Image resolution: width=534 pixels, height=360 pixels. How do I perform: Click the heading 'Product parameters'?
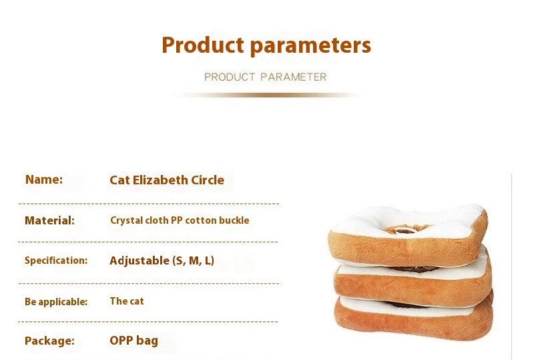pyautogui.click(x=266, y=45)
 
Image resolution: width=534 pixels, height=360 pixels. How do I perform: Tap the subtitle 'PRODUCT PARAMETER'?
pyautogui.click(x=266, y=77)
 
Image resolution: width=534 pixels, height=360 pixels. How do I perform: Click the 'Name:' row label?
pyautogui.click(x=44, y=179)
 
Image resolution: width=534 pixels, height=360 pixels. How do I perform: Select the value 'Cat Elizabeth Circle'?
pyautogui.click(x=167, y=180)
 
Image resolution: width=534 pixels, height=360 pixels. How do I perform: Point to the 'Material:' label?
pyautogui.click(x=49, y=220)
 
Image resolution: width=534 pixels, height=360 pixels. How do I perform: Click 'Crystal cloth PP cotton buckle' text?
pyautogui.click(x=180, y=220)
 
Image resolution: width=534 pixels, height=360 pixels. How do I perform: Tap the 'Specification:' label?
pyautogui.click(x=56, y=260)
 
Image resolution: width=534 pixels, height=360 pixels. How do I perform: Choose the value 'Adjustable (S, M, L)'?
pyautogui.click(x=162, y=260)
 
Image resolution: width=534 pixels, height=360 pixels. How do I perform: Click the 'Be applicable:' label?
pyautogui.click(x=56, y=302)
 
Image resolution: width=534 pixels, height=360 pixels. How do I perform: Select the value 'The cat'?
pyautogui.click(x=127, y=301)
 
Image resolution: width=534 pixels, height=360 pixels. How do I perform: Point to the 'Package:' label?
pyautogui.click(x=49, y=341)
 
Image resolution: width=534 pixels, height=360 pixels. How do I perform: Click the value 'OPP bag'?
pyautogui.click(x=134, y=341)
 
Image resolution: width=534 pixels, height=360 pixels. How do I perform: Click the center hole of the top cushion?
pyautogui.click(x=405, y=230)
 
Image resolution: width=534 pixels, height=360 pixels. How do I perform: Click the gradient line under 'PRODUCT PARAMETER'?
pyautogui.click(x=267, y=95)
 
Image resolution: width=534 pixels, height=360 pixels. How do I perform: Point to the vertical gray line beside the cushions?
pyautogui.click(x=512, y=267)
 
